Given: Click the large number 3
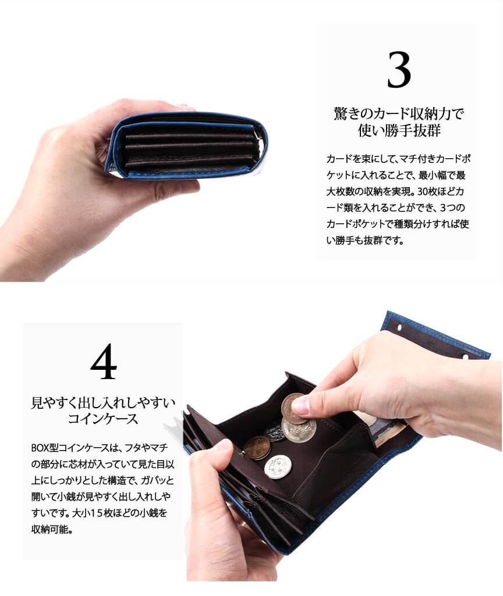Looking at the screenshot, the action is (x=399, y=70).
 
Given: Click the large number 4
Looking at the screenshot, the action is (x=104, y=361).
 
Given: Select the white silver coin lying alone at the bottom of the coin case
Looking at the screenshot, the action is (x=278, y=467).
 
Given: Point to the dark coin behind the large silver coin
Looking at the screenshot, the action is (x=275, y=432).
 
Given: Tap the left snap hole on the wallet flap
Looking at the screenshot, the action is (x=399, y=327).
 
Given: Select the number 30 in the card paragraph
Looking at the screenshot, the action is (x=422, y=191).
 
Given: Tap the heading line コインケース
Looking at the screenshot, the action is (x=102, y=419).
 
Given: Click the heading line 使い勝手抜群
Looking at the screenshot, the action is (x=399, y=130).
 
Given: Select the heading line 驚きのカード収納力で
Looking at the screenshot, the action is (x=399, y=113).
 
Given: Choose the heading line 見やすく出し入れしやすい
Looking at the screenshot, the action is (x=102, y=402).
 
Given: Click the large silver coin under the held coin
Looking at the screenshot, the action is (x=300, y=430).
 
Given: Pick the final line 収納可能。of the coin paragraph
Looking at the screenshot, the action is (x=52, y=529).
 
